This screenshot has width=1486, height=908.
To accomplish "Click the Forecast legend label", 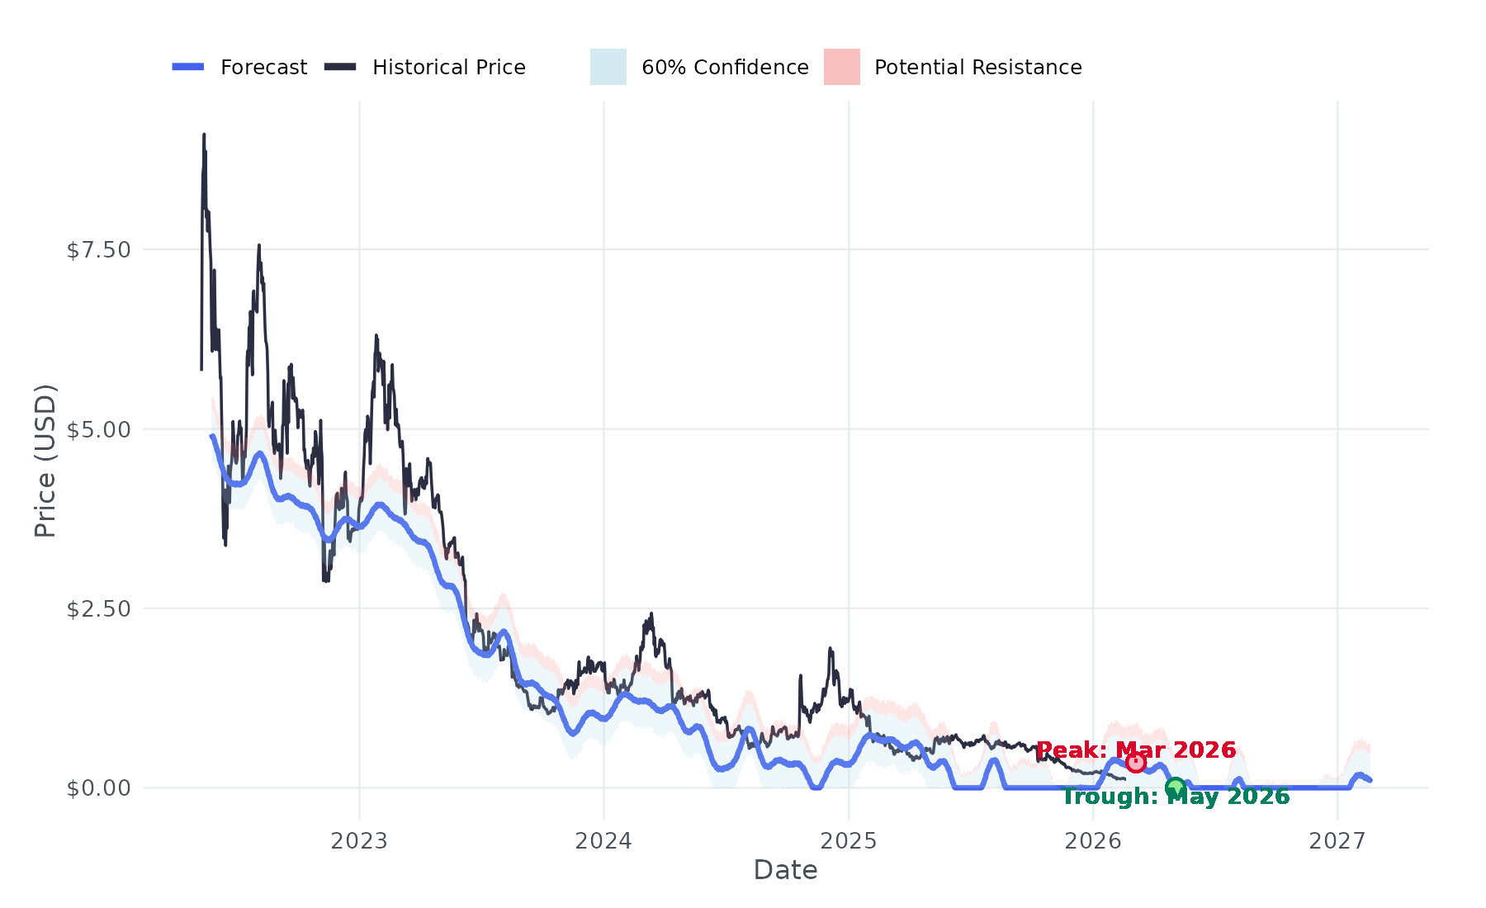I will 263,67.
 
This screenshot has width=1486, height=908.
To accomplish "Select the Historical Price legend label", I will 448,67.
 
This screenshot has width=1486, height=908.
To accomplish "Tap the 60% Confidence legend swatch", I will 608,67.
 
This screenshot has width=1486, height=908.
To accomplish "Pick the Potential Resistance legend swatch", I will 841,67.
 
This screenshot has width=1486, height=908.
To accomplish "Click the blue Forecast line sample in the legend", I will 188,67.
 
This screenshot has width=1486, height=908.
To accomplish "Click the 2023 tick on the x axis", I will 359,841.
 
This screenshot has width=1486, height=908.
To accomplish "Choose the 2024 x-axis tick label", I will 603,841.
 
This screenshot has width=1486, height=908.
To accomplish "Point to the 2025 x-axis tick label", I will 848,841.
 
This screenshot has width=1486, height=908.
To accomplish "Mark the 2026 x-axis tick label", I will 1093,841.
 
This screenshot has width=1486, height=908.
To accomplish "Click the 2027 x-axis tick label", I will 1337,841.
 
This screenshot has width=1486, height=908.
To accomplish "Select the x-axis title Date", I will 785,870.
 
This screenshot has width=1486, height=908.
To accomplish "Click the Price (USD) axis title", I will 45,460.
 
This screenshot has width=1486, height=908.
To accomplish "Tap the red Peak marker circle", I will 1136,762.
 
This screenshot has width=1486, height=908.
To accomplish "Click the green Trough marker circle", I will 1176,787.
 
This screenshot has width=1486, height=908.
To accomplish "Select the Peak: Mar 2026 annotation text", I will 1136,750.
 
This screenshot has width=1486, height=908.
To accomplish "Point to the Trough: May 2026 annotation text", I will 1176,797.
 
